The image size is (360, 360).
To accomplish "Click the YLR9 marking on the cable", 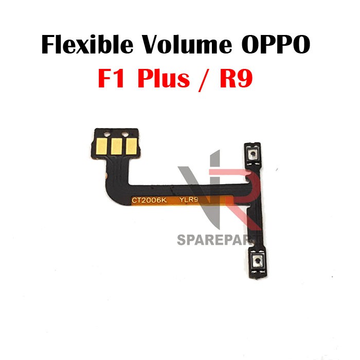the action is click(x=190, y=202).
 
